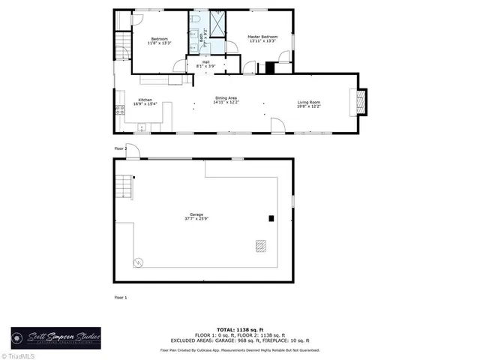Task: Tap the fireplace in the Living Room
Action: coord(361,103)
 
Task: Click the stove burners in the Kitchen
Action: coord(118,111)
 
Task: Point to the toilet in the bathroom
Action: coord(195,19)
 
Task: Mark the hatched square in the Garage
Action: coord(260,245)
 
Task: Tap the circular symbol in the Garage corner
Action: coord(137,262)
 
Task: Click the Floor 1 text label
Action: coord(120,298)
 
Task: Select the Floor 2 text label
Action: coord(120,149)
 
